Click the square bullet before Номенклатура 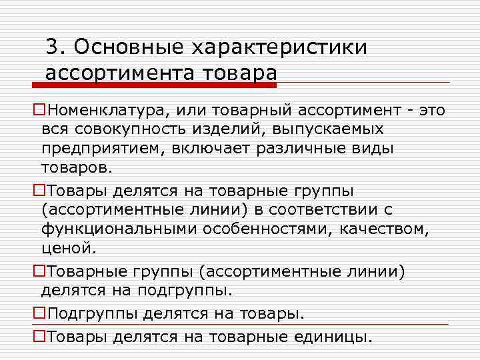pyautogui.click(x=39, y=109)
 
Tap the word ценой pyautogui.click(x=69, y=249)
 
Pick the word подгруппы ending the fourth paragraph pyautogui.click(x=185, y=291)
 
